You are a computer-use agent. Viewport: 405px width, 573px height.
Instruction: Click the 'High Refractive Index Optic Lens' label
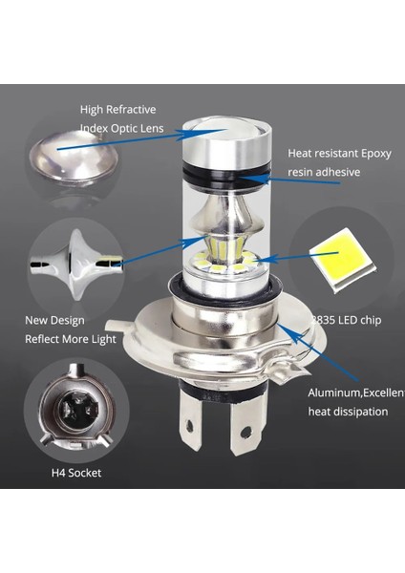pos(122,118)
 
